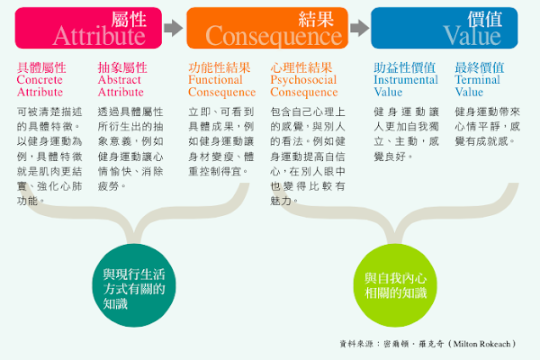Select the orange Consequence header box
[x=265, y=28]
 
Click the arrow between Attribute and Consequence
[x=174, y=28]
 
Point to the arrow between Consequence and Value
[x=358, y=28]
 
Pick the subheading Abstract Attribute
[x=121, y=79]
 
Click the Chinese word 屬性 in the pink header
[x=127, y=19]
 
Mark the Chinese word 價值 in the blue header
[x=486, y=19]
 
